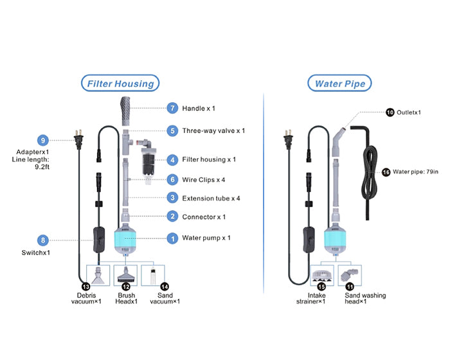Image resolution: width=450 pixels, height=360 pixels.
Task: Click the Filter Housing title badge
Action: (120, 84)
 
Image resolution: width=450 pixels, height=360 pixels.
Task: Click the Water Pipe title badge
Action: (339, 84)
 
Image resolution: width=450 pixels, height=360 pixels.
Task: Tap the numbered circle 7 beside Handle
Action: (172, 108)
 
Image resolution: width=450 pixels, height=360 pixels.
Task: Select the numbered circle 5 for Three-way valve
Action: (172, 130)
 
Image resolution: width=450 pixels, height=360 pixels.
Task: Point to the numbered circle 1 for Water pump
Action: (172, 238)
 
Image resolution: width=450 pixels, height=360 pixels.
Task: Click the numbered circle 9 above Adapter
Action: (43, 140)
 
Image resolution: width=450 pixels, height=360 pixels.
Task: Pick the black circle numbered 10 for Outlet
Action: (390, 112)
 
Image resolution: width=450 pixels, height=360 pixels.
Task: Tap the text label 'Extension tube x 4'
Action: (212, 198)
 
